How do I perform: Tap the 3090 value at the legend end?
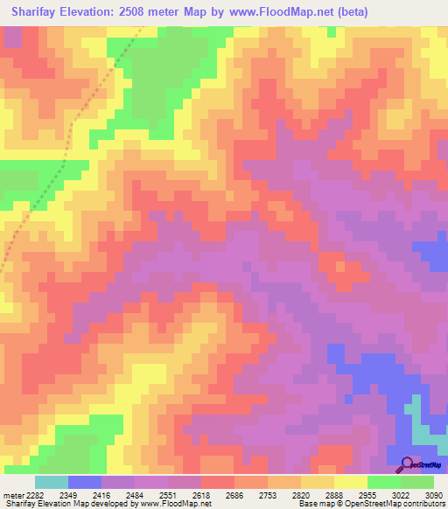434,494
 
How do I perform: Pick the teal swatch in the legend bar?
52,482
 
